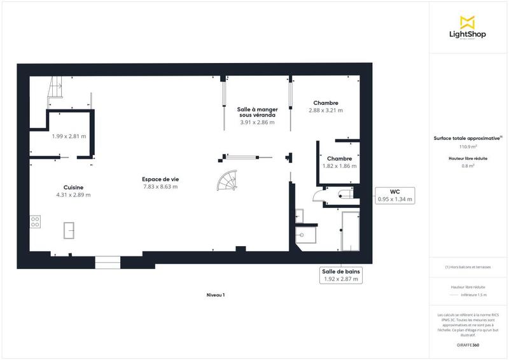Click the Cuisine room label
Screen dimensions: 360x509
coord(74,187)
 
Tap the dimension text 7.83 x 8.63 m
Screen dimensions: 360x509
coord(160,187)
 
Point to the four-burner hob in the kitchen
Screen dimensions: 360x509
coord(36,222)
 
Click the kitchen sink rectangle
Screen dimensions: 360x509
coord(68,230)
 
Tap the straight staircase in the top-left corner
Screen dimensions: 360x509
coord(55,88)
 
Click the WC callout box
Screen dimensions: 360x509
coord(394,195)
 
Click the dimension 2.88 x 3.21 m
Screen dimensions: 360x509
coord(325,111)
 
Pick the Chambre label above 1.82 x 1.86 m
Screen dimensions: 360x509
coord(340,158)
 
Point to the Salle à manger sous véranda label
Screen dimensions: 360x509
coord(256,113)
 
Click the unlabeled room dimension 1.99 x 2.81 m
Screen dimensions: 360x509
coord(69,136)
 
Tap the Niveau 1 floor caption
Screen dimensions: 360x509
coord(216,295)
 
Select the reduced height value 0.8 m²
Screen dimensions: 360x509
coord(468,166)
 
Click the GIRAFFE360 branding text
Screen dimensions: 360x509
coord(468,345)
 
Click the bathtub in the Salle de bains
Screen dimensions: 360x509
coord(350,232)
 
